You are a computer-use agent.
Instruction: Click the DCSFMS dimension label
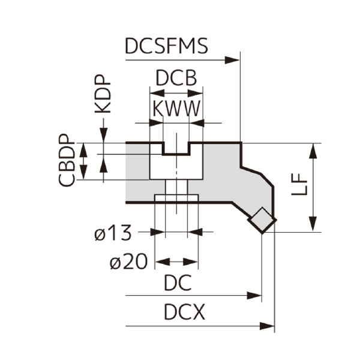coord(167,47)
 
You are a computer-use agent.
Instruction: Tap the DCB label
coord(176,79)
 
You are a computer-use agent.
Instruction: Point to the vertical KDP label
coord(103,95)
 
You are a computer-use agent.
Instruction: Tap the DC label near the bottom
coord(178,283)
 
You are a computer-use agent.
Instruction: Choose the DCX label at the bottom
coord(184,313)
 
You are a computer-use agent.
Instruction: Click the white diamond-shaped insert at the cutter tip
coord(262,220)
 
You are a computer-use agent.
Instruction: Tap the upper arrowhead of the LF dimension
coord(313,150)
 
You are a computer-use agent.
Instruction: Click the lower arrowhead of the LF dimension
coord(313,225)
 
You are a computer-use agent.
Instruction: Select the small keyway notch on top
coord(176,148)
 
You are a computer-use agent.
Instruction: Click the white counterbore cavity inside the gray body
coord(176,166)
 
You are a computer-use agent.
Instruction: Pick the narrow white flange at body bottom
coord(176,199)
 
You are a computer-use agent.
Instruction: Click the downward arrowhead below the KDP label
coord(104,137)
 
